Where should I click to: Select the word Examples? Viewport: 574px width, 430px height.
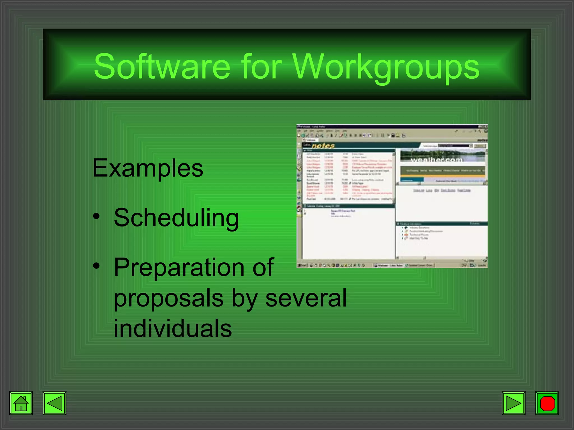pos(148,168)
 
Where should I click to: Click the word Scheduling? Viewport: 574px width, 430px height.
pos(176,218)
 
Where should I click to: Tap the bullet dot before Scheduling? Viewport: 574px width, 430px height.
pos(96,216)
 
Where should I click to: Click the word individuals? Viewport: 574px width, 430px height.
pos(173,328)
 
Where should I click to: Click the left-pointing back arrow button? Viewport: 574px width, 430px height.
pos(54,403)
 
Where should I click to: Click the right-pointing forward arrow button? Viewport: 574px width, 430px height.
pos(513,403)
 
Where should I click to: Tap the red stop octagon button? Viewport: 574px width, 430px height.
pos(547,403)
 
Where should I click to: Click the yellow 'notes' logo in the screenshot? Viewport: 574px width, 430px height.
pos(323,146)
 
